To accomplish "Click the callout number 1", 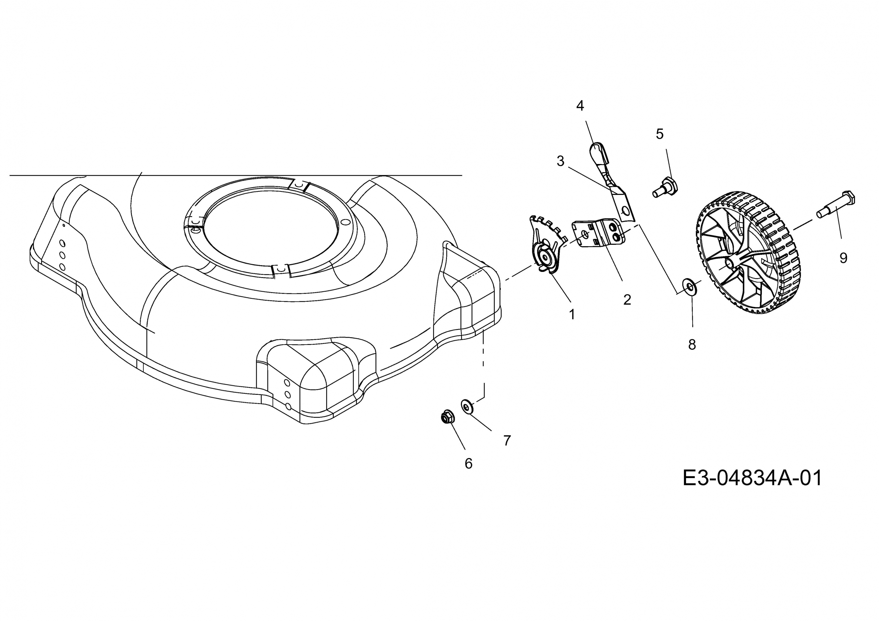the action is pos(572,314).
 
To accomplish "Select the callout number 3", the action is pos(560,161).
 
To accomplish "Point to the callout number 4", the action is pos(580,105).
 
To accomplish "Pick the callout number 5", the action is pos(660,134).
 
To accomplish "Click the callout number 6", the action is pos(469,463).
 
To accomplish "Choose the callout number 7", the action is pos(507,440).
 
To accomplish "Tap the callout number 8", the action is pos(692,345).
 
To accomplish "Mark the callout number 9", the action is pos(843,258).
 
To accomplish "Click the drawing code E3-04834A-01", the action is pos(752,478).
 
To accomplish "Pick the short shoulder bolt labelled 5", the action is pos(665,187).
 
